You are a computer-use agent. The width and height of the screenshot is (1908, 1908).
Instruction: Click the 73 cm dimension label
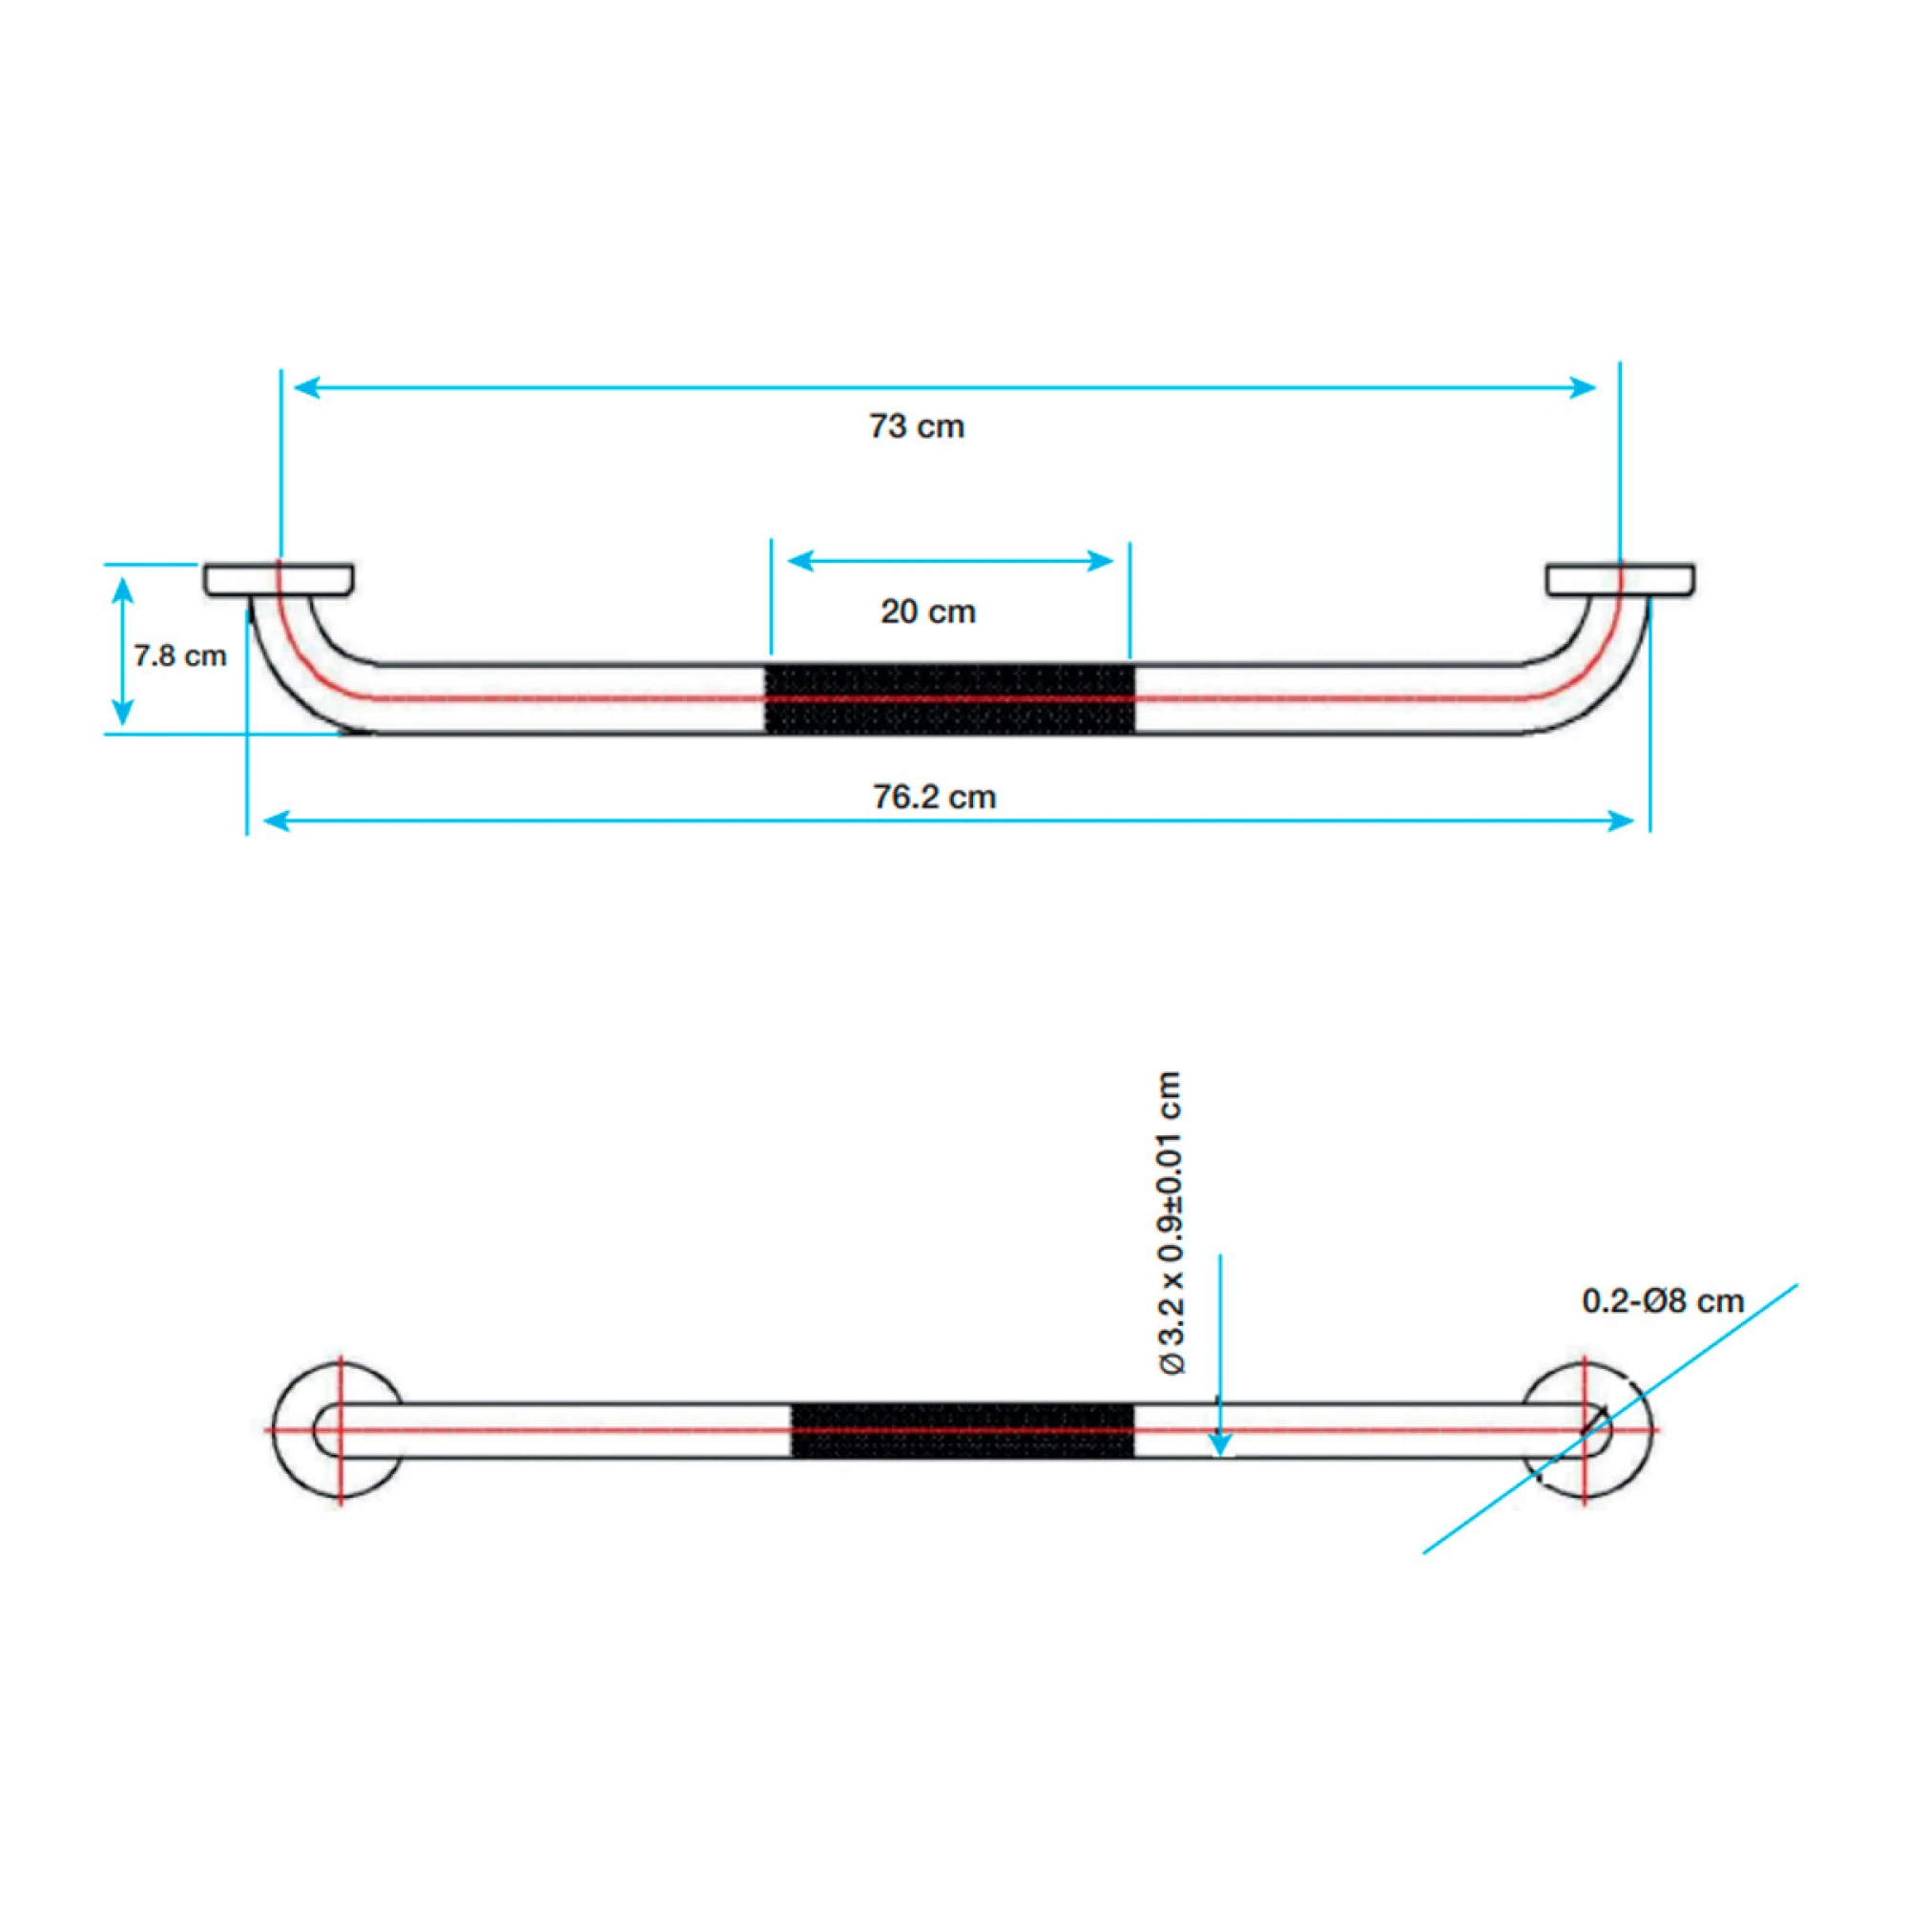(917, 426)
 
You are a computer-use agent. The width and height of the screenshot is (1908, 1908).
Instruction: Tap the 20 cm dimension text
(928, 612)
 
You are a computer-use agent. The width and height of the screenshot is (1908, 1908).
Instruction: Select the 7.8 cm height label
(180, 655)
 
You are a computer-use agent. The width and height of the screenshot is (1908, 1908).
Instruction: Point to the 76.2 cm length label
(934, 797)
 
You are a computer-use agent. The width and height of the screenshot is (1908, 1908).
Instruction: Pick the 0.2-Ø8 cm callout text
(1663, 1300)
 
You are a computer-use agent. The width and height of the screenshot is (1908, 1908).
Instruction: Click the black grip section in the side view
(950, 699)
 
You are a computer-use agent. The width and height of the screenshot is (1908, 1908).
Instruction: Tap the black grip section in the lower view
(962, 1429)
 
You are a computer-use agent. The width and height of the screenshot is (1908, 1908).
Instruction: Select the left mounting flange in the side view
(279, 580)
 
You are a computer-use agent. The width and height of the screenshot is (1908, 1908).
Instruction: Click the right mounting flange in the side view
(1621, 580)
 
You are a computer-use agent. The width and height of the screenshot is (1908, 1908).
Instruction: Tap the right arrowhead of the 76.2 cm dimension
(1621, 820)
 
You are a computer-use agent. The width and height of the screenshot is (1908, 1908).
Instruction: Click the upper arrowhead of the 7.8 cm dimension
(122, 590)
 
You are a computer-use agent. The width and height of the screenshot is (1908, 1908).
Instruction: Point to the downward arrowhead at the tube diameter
(1221, 1442)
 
